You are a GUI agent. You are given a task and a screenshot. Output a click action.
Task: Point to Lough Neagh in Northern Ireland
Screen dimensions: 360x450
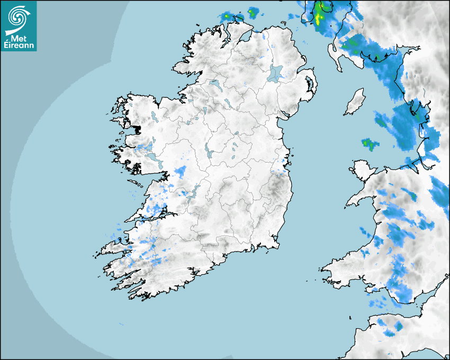point(276,73)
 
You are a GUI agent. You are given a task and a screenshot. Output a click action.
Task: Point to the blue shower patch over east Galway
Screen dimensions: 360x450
point(181,172)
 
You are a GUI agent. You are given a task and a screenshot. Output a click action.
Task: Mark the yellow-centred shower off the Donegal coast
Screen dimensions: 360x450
point(227,16)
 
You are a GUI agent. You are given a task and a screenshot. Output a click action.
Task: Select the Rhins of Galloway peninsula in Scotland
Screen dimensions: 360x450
point(335,53)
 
